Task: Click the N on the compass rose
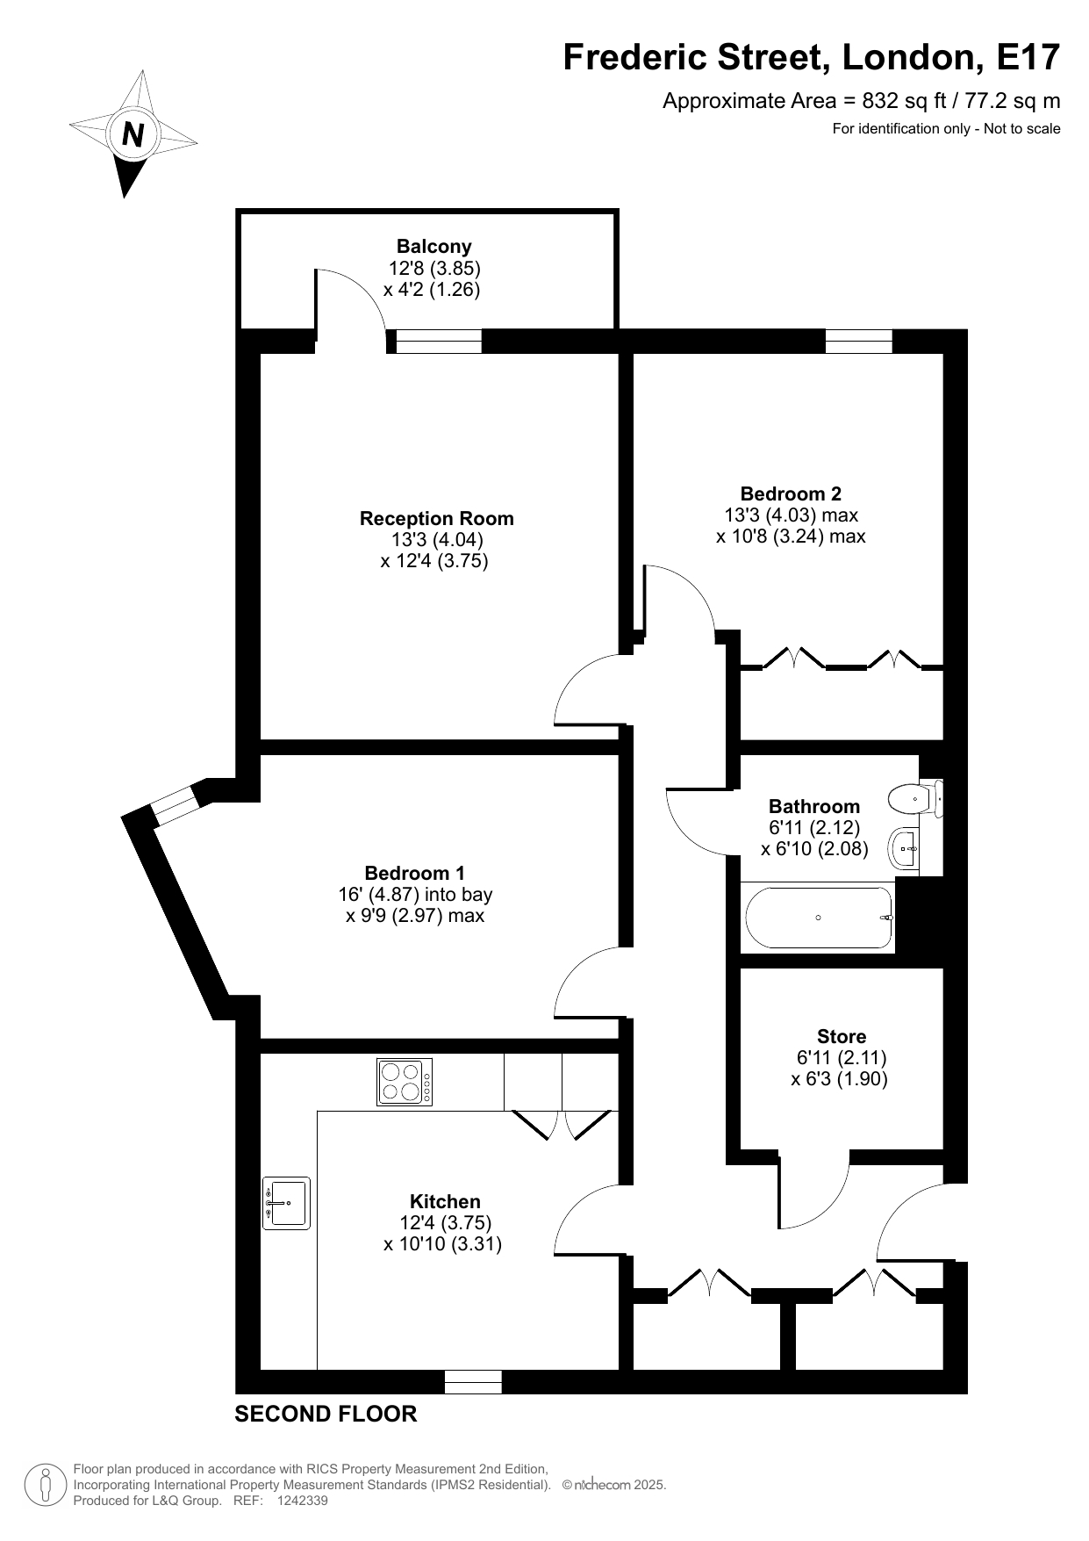point(133,135)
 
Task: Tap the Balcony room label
point(433,247)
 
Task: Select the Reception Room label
point(436,518)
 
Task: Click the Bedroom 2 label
point(791,493)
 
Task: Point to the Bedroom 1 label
point(414,873)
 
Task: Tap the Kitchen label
point(445,1201)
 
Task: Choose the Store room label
point(842,1036)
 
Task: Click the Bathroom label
point(814,806)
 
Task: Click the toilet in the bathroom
point(915,799)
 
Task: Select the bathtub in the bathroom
point(819,918)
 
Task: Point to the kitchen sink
point(286,1203)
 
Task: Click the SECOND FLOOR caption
point(326,1414)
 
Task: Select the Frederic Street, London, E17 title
point(812,57)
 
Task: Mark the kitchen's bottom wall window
point(473,1382)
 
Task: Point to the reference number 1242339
point(302,1501)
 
